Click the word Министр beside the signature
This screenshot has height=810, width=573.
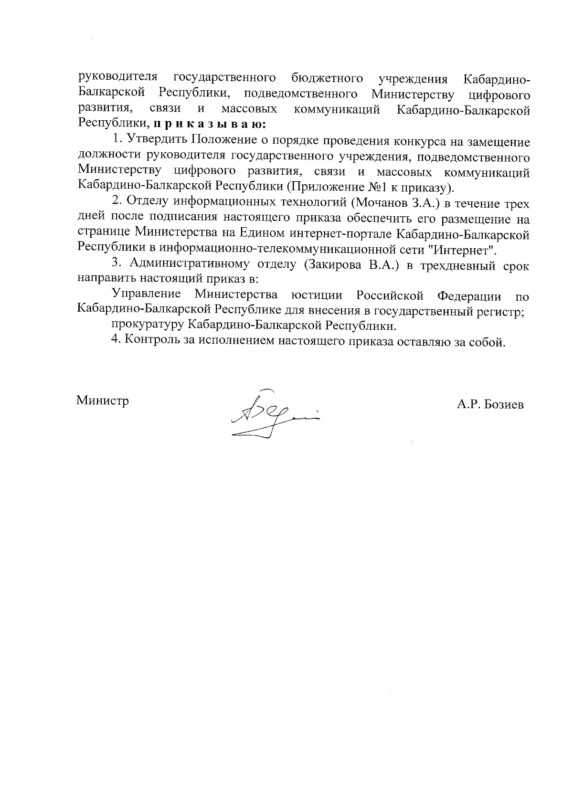point(103,400)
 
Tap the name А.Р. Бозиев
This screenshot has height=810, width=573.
point(490,405)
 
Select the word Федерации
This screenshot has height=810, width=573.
point(469,296)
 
